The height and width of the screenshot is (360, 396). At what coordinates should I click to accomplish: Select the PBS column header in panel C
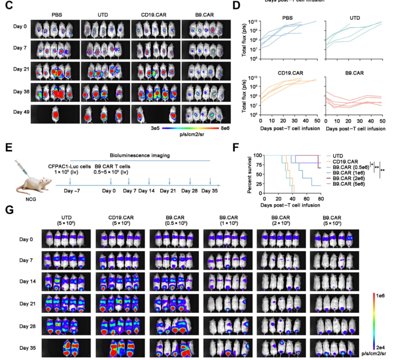pos(57,15)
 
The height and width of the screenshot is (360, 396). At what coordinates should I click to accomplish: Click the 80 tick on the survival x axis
pos(321,199)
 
